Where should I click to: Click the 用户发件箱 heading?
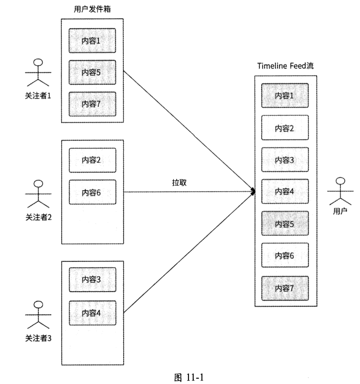click(x=92, y=10)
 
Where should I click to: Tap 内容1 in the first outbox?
click(x=92, y=40)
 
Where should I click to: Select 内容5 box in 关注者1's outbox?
click(x=92, y=72)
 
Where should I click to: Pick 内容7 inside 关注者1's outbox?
click(x=92, y=104)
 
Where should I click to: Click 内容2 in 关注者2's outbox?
click(x=92, y=160)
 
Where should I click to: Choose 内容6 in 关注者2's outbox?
click(x=92, y=192)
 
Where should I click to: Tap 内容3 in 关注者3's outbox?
click(x=92, y=280)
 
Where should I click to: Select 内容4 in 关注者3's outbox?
click(x=92, y=313)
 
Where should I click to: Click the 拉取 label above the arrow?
click(x=179, y=182)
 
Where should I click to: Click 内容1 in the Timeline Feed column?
click(x=285, y=95)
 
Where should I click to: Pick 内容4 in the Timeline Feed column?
click(x=285, y=192)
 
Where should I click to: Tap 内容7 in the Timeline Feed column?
click(x=285, y=288)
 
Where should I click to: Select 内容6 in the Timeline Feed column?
click(x=285, y=256)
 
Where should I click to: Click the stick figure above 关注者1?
click(x=38, y=73)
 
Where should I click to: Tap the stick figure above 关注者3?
click(x=38, y=315)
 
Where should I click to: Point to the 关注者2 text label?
click(x=38, y=217)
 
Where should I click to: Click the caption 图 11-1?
click(x=189, y=377)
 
